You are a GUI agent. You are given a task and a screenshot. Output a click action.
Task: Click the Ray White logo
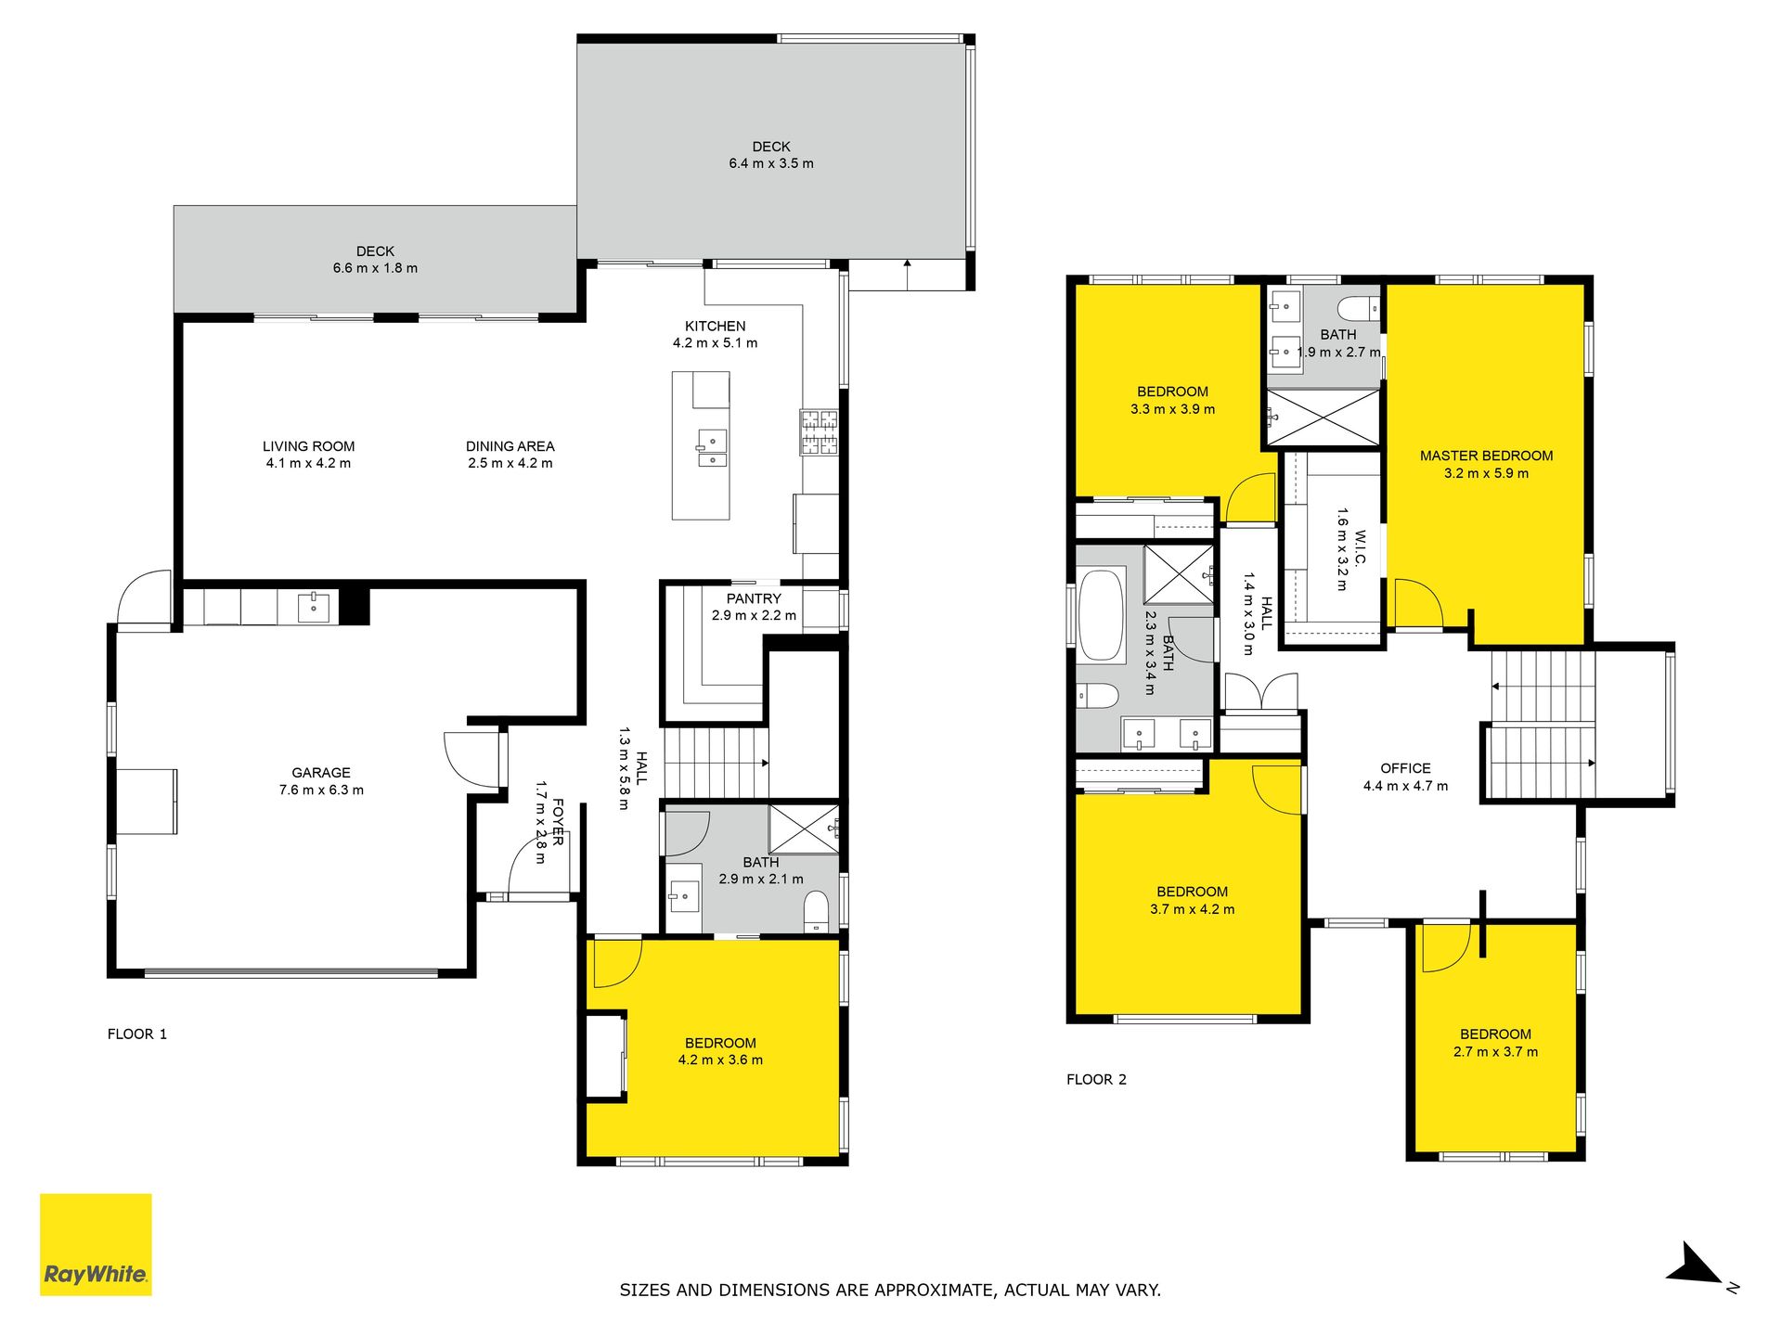click(x=96, y=1244)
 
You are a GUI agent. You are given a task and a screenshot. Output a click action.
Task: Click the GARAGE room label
click(x=321, y=773)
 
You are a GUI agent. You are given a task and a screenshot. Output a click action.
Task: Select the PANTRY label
click(x=754, y=598)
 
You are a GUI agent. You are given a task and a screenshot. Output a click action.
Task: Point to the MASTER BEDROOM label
click(x=1486, y=456)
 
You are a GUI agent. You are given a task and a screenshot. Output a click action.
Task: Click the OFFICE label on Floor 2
click(x=1405, y=768)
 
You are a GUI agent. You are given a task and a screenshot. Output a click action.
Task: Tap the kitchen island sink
click(x=712, y=447)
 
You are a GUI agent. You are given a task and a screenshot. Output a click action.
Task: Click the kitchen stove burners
click(x=820, y=432)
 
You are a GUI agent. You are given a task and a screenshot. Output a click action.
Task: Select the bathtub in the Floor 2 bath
click(x=1102, y=615)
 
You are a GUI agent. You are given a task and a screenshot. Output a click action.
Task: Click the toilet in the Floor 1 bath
click(x=816, y=910)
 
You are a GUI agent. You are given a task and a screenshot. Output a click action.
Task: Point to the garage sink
click(x=314, y=608)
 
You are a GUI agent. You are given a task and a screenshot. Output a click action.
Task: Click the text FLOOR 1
click(x=137, y=1034)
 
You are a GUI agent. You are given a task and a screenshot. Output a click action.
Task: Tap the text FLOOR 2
click(x=1096, y=1079)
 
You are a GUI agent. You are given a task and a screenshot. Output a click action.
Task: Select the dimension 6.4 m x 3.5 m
click(x=771, y=163)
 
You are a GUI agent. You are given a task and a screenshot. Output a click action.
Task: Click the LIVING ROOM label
click(x=309, y=446)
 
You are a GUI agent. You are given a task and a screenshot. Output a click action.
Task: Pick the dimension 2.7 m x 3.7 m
click(x=1495, y=1051)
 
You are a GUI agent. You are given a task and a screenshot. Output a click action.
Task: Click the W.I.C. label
click(x=1360, y=547)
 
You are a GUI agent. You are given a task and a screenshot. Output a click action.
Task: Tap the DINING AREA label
click(x=510, y=446)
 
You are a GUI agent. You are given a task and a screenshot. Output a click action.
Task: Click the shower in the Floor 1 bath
click(x=804, y=829)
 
